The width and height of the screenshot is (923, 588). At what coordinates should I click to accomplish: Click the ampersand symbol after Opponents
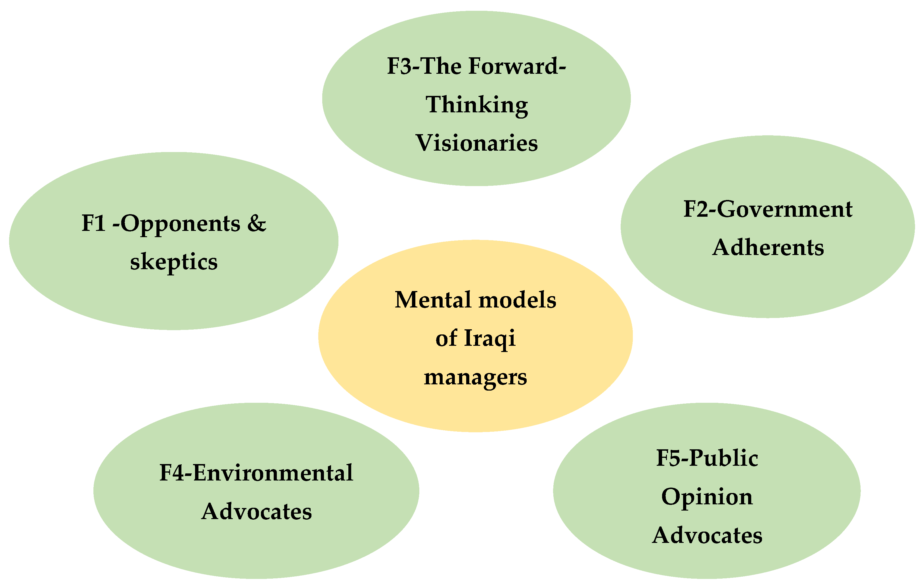(256, 223)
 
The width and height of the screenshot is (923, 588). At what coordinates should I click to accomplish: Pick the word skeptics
(174, 262)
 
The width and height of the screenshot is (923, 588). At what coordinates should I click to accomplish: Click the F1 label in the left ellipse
(93, 223)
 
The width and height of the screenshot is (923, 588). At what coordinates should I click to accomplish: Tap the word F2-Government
(768, 210)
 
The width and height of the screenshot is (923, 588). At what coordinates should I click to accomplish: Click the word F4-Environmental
(256, 473)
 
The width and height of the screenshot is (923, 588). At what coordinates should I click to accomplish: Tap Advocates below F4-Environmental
(256, 512)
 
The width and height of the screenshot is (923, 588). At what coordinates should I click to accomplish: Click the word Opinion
(707, 497)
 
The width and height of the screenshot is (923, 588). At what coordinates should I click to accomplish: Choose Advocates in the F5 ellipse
(707, 536)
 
